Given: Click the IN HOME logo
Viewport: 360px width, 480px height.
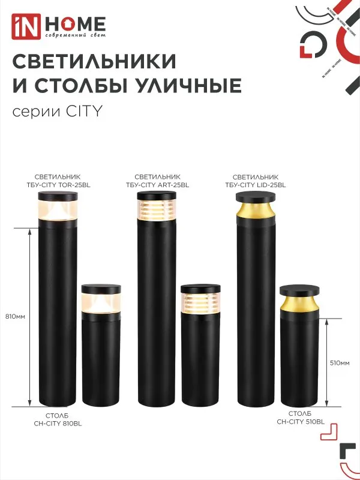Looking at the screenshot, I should pyautogui.click(x=59, y=25).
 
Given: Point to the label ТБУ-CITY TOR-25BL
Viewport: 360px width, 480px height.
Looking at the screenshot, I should pyautogui.click(x=58, y=185).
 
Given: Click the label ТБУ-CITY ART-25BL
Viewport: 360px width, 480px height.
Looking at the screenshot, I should pyautogui.click(x=158, y=185).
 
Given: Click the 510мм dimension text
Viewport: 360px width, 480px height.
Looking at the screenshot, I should pyautogui.click(x=340, y=363).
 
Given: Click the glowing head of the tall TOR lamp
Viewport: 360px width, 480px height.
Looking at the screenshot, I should pyautogui.click(x=58, y=210).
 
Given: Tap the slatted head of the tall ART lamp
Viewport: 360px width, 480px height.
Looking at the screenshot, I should pyautogui.click(x=157, y=210).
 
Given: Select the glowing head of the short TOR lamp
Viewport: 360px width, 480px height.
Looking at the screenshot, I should pyautogui.click(x=101, y=302).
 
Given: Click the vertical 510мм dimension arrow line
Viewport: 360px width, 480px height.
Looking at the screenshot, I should pyautogui.click(x=326, y=363).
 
